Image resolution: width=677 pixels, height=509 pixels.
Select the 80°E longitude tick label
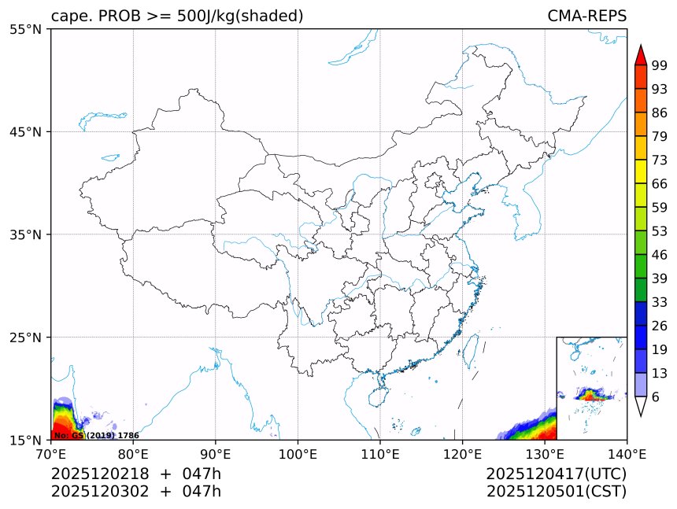tap(133, 453)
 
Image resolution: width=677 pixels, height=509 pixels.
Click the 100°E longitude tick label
tap(298, 453)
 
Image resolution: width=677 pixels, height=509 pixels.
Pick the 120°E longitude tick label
tap(462, 453)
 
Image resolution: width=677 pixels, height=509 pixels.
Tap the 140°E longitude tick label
tap(627, 453)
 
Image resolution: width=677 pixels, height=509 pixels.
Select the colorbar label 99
tap(659, 67)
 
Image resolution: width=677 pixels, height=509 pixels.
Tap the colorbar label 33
tap(659, 302)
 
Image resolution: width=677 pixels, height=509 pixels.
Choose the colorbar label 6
tap(656, 397)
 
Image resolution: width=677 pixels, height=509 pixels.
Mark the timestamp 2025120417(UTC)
tap(556, 474)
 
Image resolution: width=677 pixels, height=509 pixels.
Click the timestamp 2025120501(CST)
tap(556, 492)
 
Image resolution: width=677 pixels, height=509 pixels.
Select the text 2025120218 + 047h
tap(136, 474)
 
